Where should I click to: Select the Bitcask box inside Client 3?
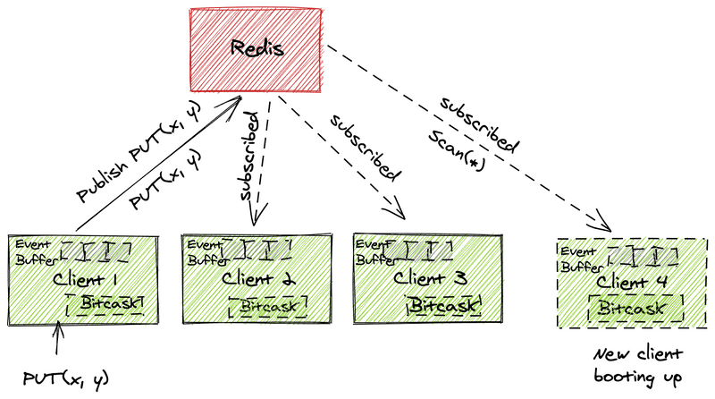[x=444, y=306]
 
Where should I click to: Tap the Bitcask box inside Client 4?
[x=635, y=309]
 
